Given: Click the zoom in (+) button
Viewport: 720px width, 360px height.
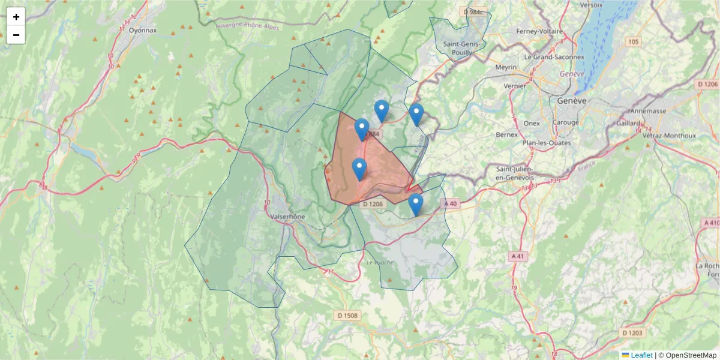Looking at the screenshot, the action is click(16, 17).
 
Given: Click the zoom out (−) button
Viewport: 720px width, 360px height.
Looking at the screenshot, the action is click(16, 35).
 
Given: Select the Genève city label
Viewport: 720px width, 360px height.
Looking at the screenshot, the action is click(571, 101).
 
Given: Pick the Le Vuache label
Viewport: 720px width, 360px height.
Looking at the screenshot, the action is click(378, 263).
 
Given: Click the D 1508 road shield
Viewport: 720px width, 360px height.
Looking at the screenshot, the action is click(347, 316).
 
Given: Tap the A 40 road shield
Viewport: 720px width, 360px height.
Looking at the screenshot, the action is click(451, 204).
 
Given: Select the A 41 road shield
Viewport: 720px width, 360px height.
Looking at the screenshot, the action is click(517, 256).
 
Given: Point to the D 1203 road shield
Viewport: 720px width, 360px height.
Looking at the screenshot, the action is click(634, 332).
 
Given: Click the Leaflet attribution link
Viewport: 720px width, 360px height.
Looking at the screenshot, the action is click(641, 355).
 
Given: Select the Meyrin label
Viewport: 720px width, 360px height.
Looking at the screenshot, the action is click(505, 67).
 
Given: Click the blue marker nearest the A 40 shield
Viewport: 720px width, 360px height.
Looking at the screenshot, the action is click(416, 204).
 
